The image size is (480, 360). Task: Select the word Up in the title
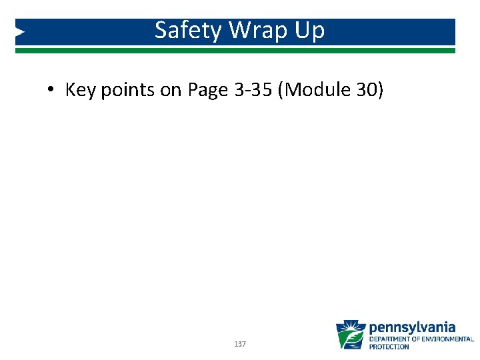310,31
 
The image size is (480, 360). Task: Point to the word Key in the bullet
81,91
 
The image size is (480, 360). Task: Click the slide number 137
240,344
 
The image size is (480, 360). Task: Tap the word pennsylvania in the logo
412,327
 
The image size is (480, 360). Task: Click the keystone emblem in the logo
351,335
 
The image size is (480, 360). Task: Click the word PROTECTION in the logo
389,347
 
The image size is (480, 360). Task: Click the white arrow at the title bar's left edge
20,31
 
